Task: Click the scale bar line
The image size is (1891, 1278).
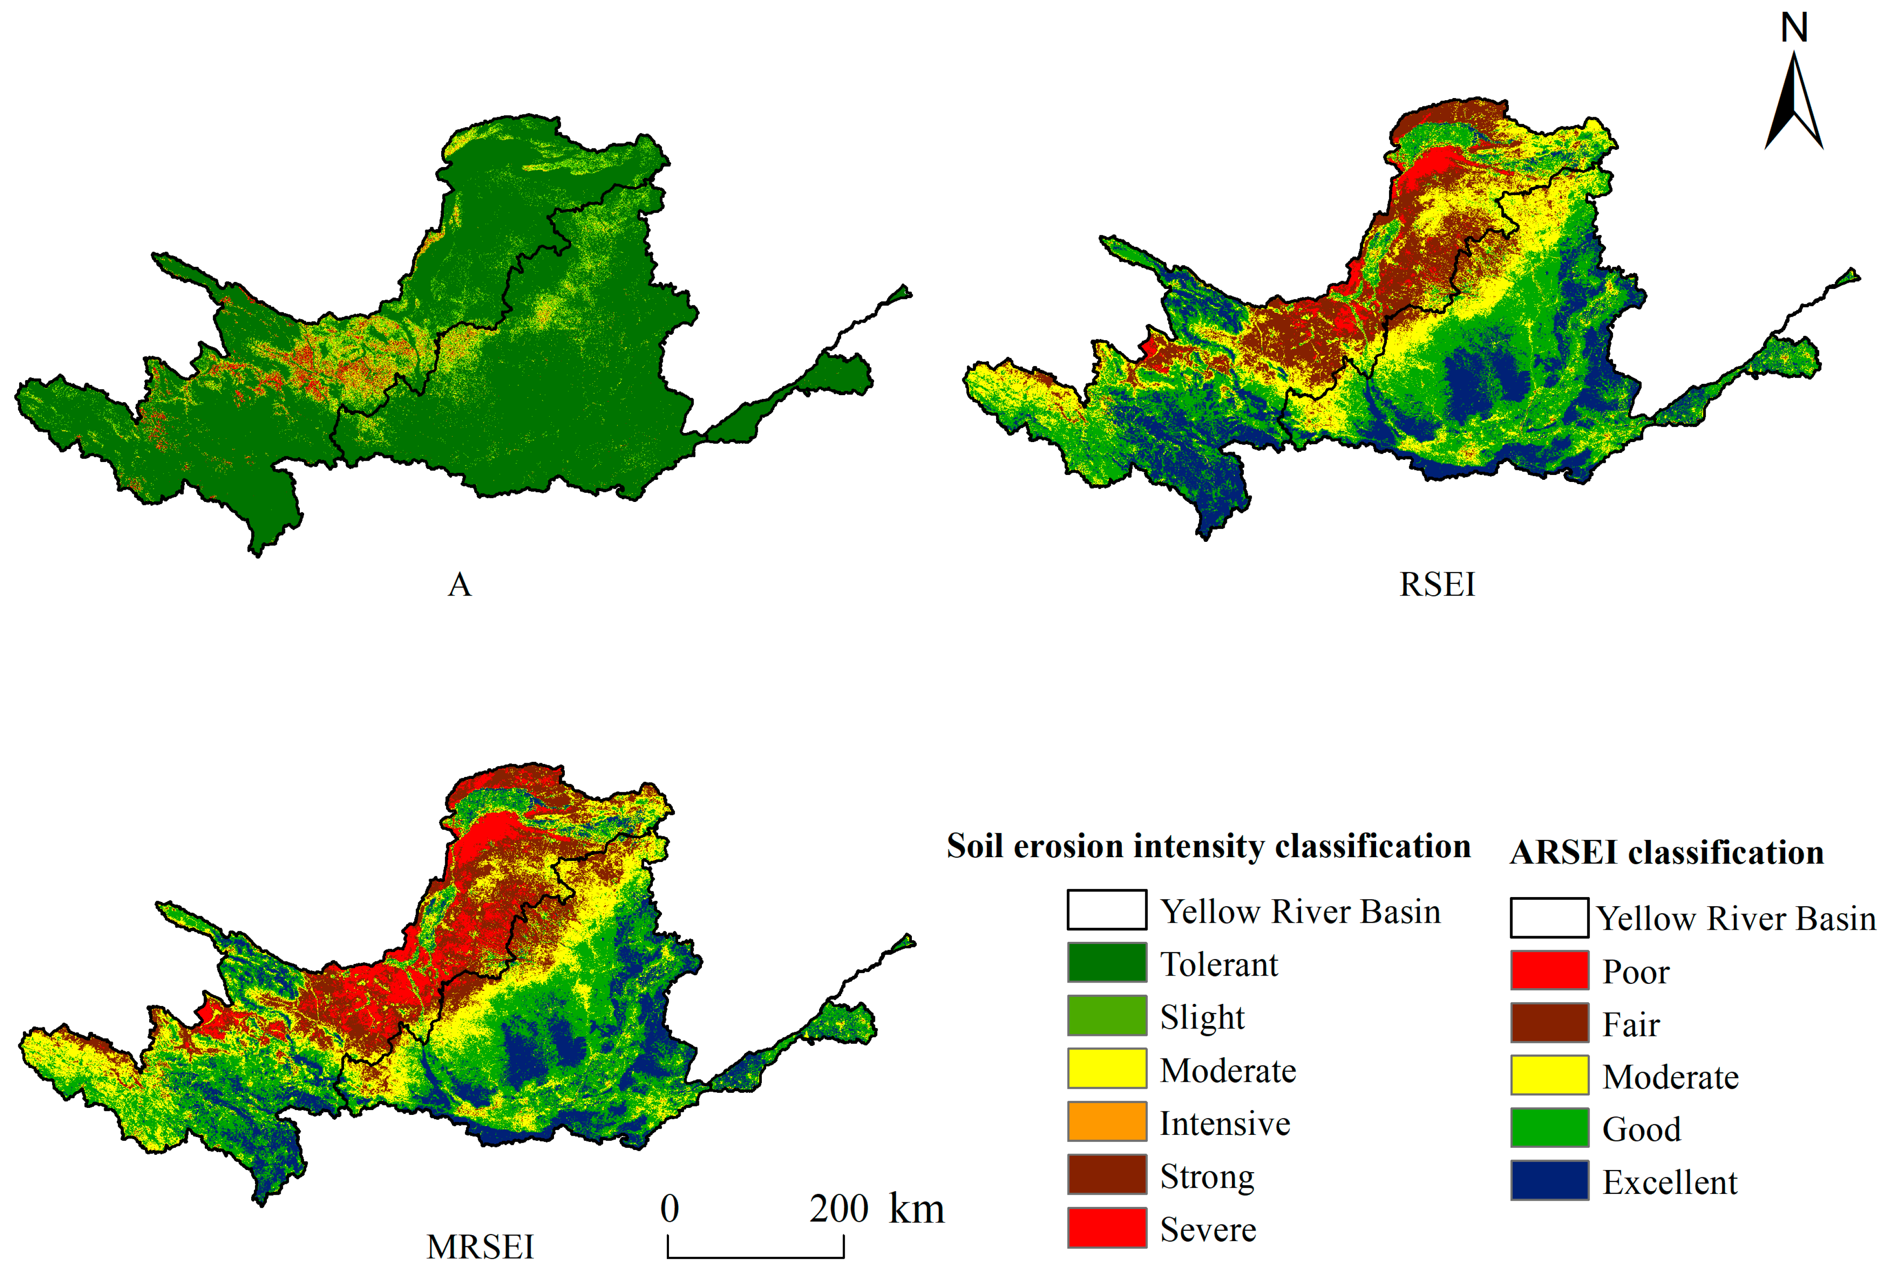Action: [755, 1256]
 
